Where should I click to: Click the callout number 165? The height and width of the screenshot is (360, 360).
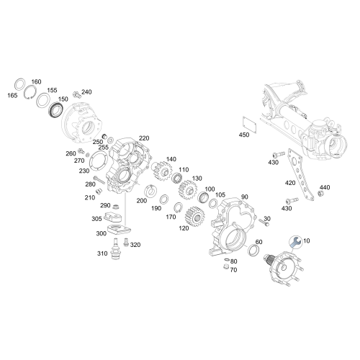pyautogui.click(x=12, y=95)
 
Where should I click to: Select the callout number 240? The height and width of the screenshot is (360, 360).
pyautogui.click(x=87, y=92)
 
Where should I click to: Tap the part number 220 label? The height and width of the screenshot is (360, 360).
pyautogui.click(x=144, y=138)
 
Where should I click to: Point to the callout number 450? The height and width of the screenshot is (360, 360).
pyautogui.click(x=245, y=134)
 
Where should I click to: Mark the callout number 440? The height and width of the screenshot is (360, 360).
pyautogui.click(x=325, y=187)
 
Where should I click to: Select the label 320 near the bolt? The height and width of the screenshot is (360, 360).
pyautogui.click(x=136, y=246)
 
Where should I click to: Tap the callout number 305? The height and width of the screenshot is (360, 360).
pyautogui.click(x=96, y=219)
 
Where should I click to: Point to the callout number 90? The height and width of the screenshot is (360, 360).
pyautogui.click(x=243, y=197)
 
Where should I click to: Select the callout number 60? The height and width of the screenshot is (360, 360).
pyautogui.click(x=259, y=242)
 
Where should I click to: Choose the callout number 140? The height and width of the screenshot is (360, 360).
pyautogui.click(x=171, y=159)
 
